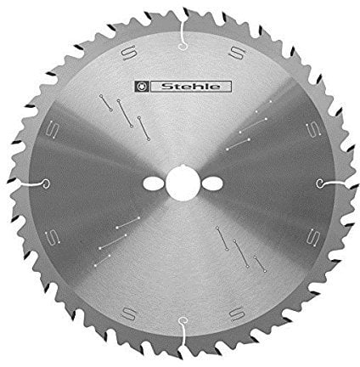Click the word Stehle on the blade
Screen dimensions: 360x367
coord(190,87)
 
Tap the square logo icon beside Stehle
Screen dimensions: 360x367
coord(142,87)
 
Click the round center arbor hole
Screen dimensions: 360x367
coord(183,183)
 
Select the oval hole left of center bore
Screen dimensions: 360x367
coord(154,183)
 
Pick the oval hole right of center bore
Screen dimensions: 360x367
coord(212,183)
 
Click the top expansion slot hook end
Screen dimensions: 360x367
coord(183,47)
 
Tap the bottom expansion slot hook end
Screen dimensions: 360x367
coord(183,321)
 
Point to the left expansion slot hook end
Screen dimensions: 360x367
coord(46,183)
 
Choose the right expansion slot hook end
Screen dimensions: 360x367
coord(320,183)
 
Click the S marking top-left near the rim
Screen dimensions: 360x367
coord(129,52)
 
